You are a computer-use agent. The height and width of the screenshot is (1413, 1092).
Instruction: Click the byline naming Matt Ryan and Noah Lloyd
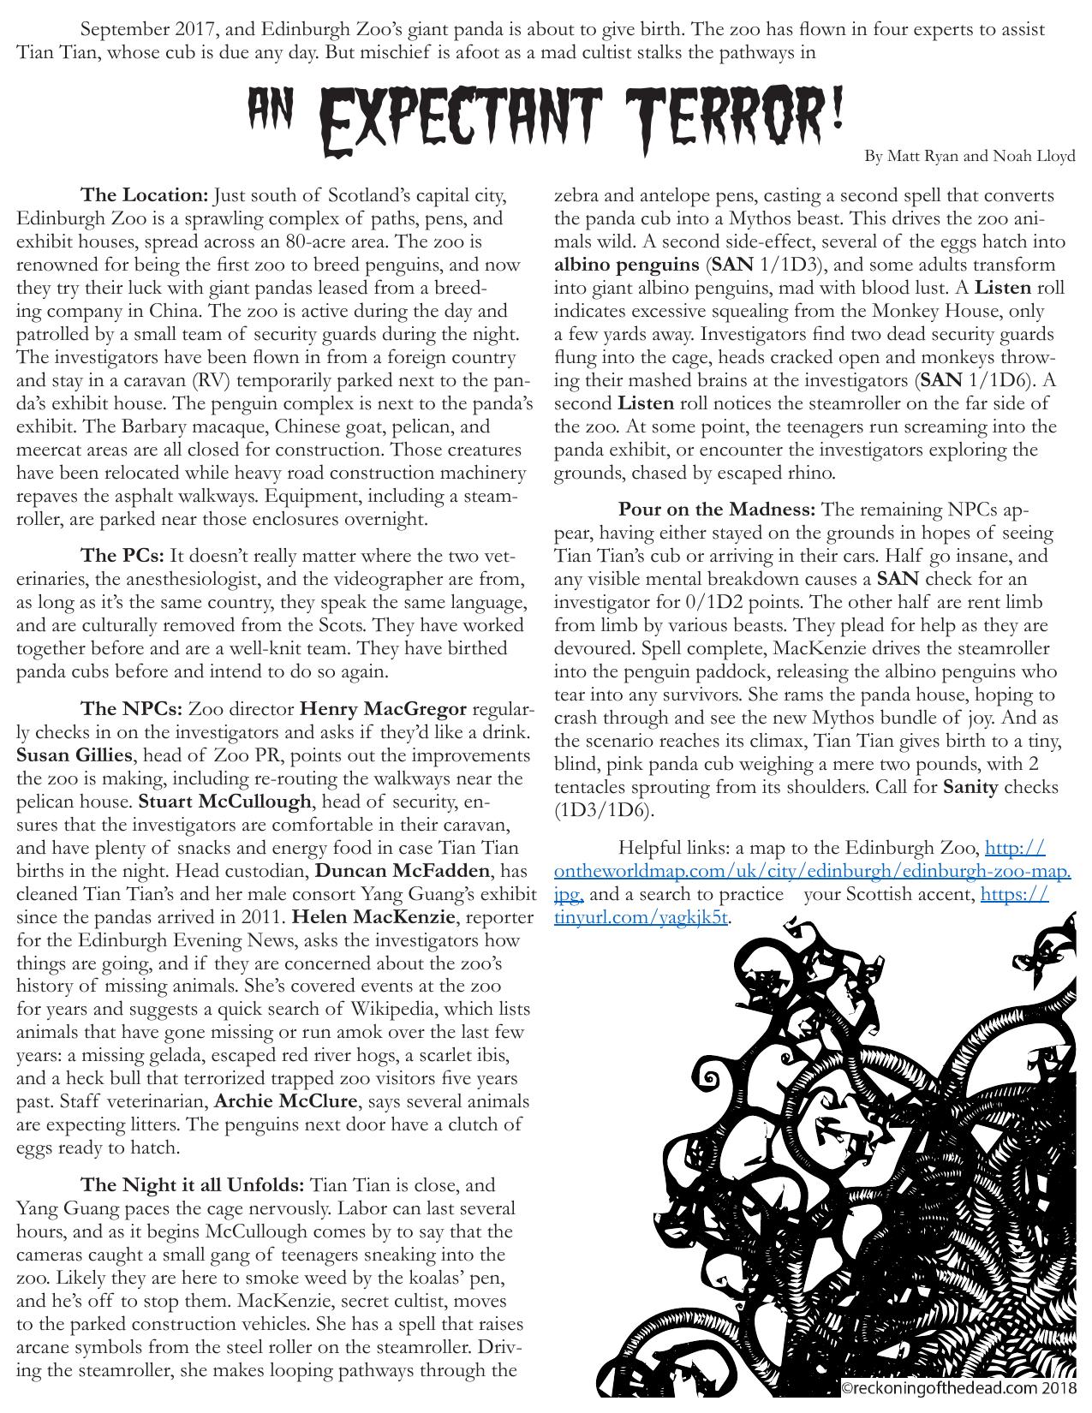(970, 156)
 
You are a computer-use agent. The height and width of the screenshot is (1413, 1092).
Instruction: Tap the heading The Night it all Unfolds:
(192, 1185)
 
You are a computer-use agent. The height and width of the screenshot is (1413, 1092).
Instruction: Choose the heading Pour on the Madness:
(717, 510)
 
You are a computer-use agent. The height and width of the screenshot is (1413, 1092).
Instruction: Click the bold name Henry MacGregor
(383, 709)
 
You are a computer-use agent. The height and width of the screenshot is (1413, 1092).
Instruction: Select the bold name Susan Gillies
(75, 755)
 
